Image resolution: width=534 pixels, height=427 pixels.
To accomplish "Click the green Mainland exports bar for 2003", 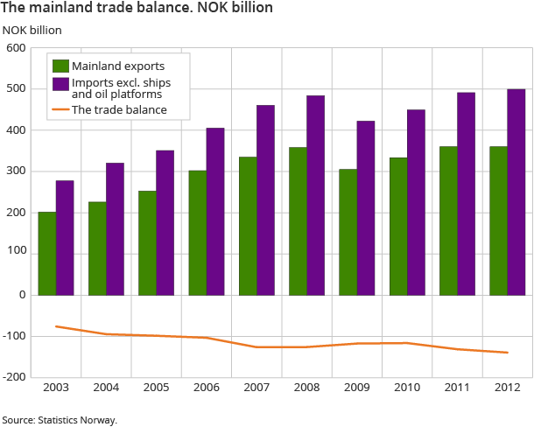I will point(46,254).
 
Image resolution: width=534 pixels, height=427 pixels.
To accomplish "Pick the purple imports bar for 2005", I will point(165,223).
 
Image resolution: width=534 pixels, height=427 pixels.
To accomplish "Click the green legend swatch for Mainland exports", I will point(60,66).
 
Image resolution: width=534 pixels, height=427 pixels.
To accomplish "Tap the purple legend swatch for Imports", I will point(60,85).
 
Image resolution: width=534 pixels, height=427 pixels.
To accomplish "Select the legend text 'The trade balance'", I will point(119,110).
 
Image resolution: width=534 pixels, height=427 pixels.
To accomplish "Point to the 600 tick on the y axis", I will point(15,48).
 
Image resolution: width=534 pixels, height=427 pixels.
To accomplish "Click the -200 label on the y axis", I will point(13,377).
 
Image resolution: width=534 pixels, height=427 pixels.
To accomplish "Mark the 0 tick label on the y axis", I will point(21,295).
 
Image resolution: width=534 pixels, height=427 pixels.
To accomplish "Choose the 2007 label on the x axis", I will point(256,388).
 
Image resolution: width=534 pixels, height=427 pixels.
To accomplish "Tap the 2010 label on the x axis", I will point(406,388).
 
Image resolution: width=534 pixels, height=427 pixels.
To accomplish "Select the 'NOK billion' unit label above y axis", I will point(32,29).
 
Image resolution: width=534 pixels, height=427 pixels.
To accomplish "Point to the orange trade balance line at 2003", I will point(56,326).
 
